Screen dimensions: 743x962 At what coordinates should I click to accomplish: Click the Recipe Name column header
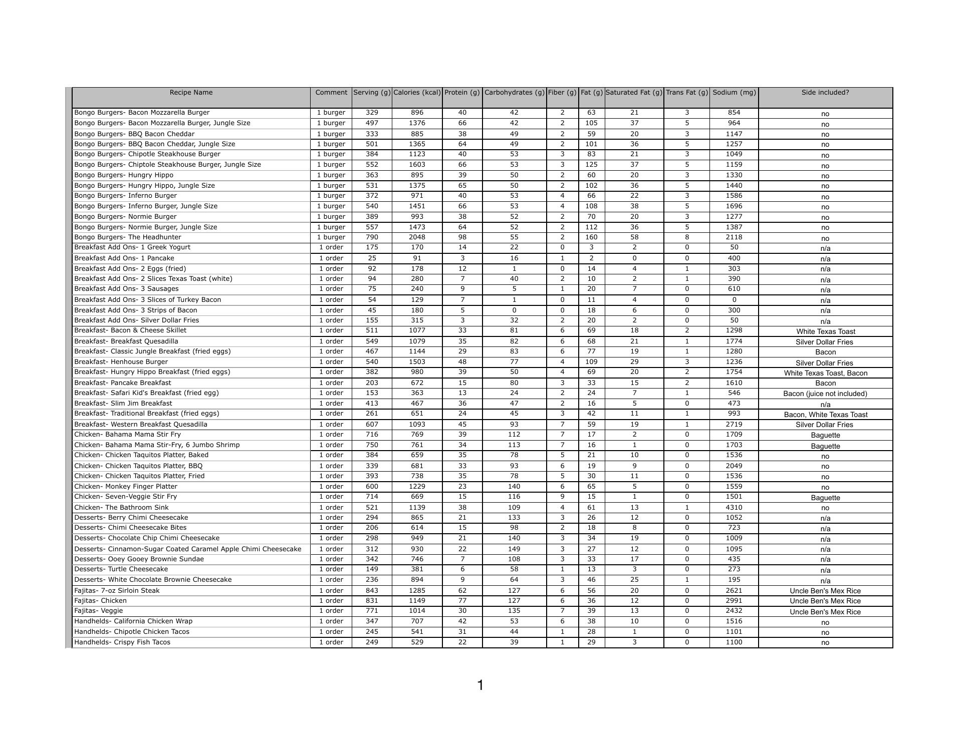[191, 93]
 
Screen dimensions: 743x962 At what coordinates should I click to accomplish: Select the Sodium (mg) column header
[734, 93]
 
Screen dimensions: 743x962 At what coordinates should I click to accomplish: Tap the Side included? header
[825, 93]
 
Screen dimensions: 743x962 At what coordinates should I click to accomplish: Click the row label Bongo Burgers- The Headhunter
[128, 237]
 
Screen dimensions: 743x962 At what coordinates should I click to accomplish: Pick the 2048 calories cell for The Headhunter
[417, 237]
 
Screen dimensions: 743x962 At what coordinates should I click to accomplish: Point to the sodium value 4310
[734, 508]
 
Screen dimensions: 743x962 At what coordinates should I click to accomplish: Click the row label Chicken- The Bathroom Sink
[121, 508]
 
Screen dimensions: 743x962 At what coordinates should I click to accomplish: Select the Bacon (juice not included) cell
[825, 394]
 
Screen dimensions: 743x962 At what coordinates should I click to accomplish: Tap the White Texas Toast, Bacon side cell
[825, 373]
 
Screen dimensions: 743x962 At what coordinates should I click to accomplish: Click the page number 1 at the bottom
[480, 685]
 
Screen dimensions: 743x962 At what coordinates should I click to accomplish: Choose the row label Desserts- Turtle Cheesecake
[121, 569]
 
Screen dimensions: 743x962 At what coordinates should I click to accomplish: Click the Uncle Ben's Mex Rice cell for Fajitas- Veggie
[825, 612]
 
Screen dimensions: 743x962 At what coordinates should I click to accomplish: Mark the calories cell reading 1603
[417, 165]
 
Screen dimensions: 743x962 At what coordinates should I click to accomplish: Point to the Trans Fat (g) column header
[686, 93]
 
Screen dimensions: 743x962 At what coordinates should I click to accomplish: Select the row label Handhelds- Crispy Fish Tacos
[122, 642]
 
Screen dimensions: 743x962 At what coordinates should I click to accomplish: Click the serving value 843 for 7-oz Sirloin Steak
[372, 591]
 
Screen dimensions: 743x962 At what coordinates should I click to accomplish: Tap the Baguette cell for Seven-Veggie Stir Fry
[825, 498]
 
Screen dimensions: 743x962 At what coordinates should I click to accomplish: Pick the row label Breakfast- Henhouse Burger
[121, 362]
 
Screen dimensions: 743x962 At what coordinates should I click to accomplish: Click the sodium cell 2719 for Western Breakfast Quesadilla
[734, 425]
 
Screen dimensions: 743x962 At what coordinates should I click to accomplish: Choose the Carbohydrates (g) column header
[514, 93]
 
